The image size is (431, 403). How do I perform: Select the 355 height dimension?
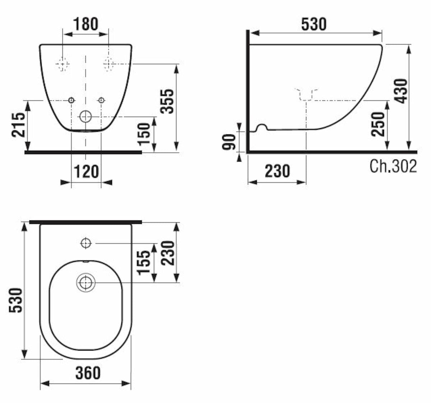click(x=167, y=101)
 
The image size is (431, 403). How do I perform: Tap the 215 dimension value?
click(x=18, y=125)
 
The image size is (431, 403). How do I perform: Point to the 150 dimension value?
click(x=144, y=134)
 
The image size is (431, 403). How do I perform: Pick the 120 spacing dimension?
click(x=86, y=171)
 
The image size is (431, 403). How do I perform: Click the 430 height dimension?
click(x=401, y=91)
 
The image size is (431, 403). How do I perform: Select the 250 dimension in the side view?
click(x=378, y=124)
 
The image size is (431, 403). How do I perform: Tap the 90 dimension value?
click(x=229, y=142)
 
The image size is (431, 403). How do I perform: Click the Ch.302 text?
click(x=393, y=166)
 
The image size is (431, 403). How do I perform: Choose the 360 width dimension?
click(x=88, y=373)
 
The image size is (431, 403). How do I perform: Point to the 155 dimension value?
click(x=143, y=263)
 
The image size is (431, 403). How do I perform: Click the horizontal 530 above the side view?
click(x=314, y=24)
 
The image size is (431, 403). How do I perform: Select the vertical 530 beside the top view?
click(x=16, y=300)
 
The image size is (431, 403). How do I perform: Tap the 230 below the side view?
click(x=277, y=171)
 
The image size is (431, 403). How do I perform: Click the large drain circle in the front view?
click(x=86, y=117)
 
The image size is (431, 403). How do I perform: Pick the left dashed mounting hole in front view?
click(x=62, y=64)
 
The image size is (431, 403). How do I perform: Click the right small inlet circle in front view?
click(x=101, y=100)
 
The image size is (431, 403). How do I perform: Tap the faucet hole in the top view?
click(x=86, y=243)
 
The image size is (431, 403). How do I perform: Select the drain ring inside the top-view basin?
click(x=86, y=283)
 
